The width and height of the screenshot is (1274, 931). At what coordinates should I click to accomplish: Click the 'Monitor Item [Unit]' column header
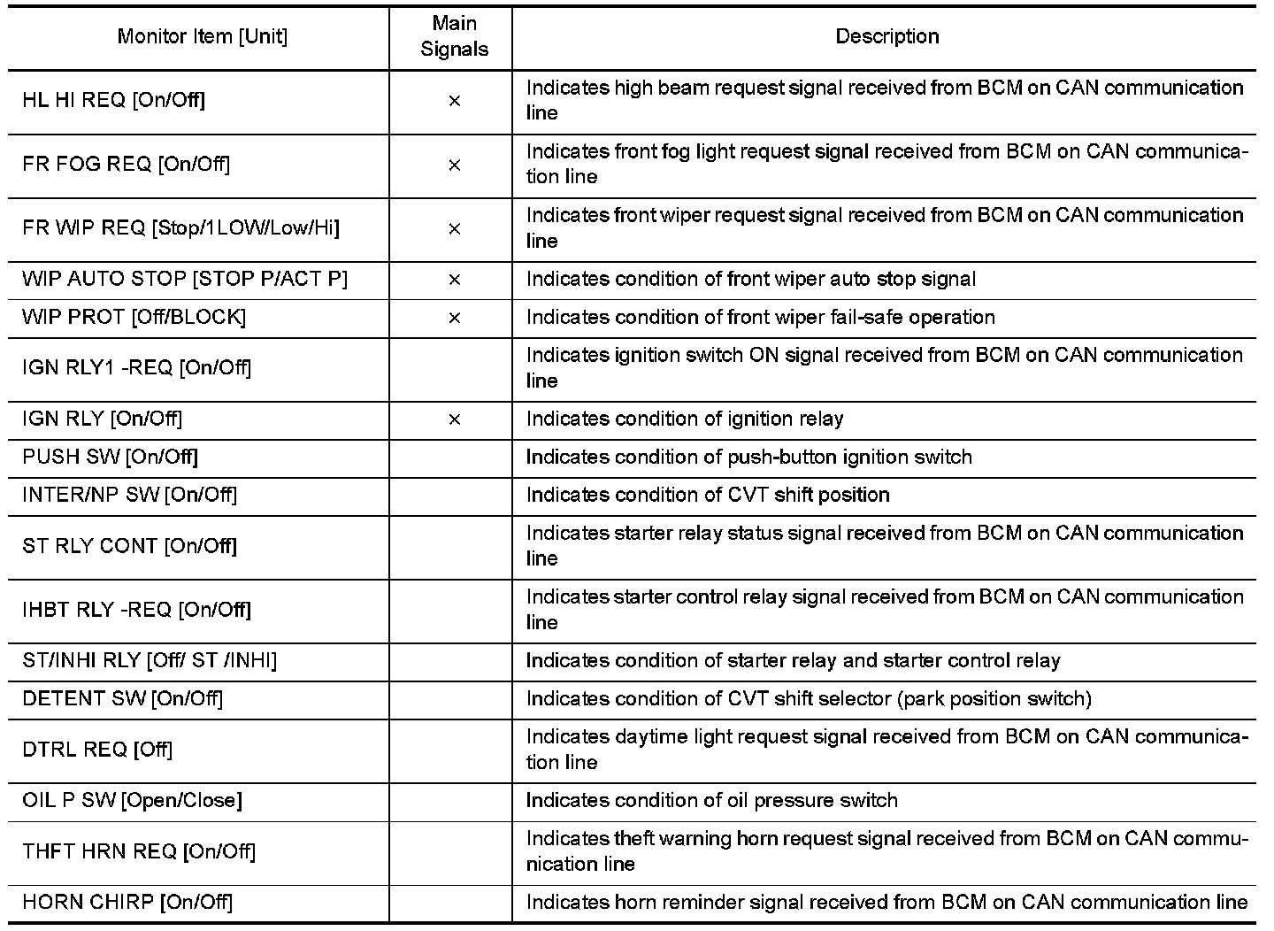202,36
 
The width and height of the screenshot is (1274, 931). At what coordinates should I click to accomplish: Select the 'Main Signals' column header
454,36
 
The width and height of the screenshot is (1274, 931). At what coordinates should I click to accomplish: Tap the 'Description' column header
886,36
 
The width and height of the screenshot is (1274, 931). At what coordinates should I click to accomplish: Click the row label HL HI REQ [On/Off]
113,100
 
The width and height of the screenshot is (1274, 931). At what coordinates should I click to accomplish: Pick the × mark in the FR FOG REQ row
454,165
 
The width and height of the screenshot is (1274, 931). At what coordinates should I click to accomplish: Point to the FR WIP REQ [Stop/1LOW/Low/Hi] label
180,228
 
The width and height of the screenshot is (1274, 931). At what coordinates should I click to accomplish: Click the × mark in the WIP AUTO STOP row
454,280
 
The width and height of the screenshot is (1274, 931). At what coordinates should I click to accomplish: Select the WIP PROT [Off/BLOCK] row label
134,317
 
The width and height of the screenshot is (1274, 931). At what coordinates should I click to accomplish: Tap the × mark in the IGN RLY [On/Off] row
454,419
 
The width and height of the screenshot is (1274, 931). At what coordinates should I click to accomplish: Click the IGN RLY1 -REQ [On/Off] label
136,367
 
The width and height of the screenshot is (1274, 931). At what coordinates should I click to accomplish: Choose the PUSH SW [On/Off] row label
110,457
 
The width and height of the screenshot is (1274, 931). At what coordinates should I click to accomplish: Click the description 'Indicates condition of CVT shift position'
708,495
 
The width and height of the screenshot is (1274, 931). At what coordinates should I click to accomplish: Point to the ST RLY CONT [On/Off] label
129,546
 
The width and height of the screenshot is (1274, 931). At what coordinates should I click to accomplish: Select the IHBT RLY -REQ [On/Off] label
136,610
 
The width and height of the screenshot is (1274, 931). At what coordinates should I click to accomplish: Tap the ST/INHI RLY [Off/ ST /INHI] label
150,660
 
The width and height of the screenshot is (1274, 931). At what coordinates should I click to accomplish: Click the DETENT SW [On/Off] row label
122,698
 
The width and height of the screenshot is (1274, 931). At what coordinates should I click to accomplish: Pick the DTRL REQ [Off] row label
97,750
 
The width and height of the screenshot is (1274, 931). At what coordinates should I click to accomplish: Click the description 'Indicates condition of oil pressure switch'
711,800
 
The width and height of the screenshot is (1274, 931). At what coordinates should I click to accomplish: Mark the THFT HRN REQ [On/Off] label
139,851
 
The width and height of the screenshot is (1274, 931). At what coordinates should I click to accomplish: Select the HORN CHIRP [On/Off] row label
127,902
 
